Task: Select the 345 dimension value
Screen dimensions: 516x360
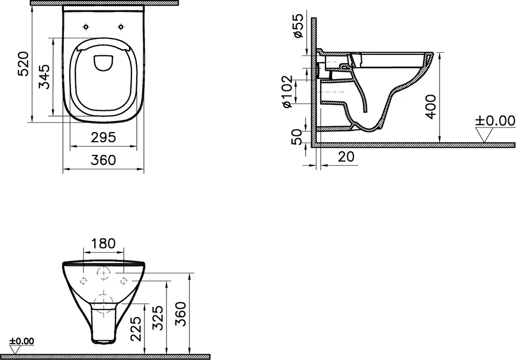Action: pyautogui.click(x=44, y=77)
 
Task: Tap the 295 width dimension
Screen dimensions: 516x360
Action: pyautogui.click(x=103, y=137)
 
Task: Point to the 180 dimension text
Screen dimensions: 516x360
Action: pyautogui.click(x=103, y=243)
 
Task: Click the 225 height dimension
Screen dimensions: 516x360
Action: pyautogui.click(x=136, y=328)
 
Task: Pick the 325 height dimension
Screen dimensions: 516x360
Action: pyautogui.click(x=158, y=318)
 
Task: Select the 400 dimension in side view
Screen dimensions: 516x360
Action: pyautogui.click(x=430, y=106)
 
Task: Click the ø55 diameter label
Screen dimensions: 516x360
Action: pyautogui.click(x=298, y=26)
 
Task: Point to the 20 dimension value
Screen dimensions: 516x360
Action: pyautogui.click(x=346, y=157)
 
